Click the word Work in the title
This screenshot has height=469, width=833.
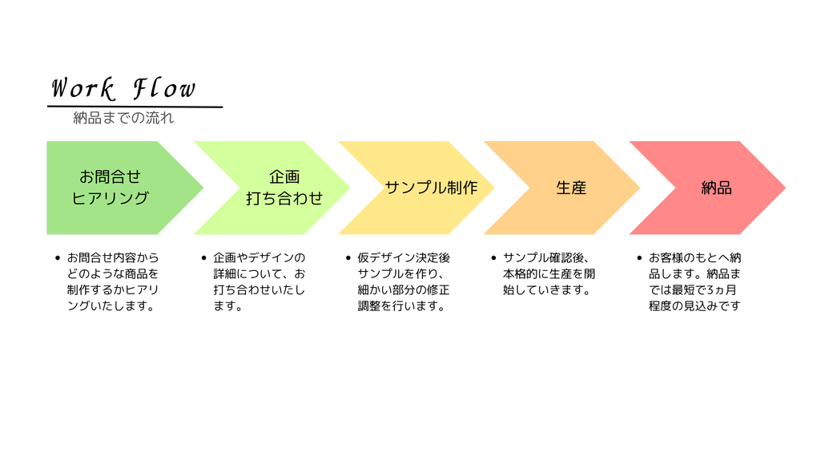coord(82,88)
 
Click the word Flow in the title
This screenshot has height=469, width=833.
coord(164,88)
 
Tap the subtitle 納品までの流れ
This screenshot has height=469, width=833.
coord(123,118)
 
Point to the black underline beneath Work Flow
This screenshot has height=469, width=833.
coord(135,107)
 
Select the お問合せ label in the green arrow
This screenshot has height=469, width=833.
coord(110,176)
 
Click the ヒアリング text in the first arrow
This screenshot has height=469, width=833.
coord(110,198)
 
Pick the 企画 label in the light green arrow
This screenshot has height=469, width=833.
coord(284,176)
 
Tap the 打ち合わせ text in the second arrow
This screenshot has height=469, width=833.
coord(284,198)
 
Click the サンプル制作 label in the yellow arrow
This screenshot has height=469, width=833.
coord(431,187)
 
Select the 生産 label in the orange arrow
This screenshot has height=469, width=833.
coord(571,187)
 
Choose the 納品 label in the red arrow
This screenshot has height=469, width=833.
coord(716,187)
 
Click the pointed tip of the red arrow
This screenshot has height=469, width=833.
coord(785,187)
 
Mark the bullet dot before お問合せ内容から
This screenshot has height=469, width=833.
coord(58,258)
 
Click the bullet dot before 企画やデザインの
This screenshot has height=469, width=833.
coord(204,258)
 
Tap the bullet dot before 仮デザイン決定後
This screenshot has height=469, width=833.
coord(348,258)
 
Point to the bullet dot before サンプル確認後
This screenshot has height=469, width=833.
coord(493,258)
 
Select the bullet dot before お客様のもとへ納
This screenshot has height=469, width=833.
coord(639,258)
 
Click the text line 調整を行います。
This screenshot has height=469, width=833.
coord(401,305)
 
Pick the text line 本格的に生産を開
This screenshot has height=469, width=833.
coord(549,274)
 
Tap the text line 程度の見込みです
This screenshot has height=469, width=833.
coord(694,305)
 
